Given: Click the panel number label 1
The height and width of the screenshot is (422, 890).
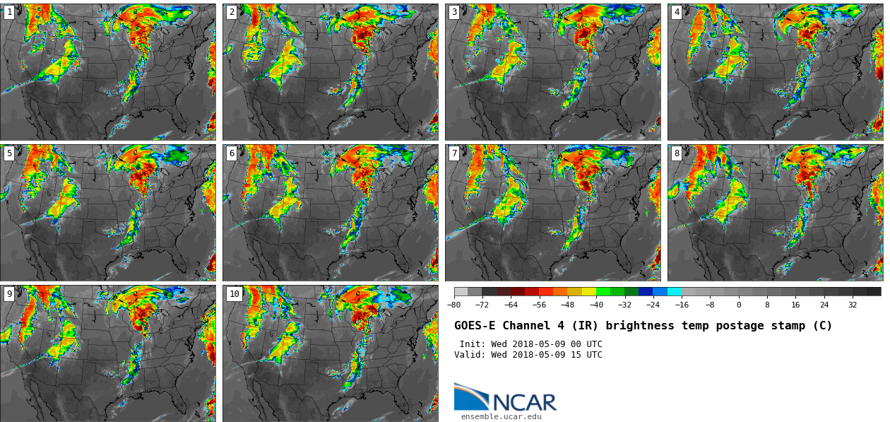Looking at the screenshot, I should (x=9, y=12).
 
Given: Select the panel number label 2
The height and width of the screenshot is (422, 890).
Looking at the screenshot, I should (x=232, y=12).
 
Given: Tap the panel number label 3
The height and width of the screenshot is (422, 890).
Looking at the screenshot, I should (x=454, y=12).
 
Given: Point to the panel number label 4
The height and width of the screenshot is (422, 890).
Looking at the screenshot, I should (x=677, y=12).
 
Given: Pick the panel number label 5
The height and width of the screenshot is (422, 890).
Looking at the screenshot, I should (x=9, y=153).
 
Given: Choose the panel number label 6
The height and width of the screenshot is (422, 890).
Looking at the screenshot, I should (x=232, y=153).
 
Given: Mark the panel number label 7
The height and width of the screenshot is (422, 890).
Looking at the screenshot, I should (x=454, y=153).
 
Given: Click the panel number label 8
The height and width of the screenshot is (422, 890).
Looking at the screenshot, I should (x=677, y=153).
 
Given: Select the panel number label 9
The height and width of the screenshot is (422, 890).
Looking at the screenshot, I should (x=9, y=294).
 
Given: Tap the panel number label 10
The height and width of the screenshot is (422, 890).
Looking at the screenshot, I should (x=234, y=294).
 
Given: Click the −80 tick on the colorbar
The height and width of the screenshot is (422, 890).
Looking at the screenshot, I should (x=454, y=305).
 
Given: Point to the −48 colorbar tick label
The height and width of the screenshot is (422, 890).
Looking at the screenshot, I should (x=567, y=305).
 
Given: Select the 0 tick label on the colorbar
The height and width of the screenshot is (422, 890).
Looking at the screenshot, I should (x=739, y=305).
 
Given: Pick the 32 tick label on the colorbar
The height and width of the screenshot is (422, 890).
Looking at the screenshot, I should (x=853, y=305).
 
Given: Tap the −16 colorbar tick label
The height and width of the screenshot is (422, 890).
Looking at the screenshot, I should (x=682, y=305).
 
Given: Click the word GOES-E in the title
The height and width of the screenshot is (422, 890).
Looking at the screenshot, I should (x=475, y=326).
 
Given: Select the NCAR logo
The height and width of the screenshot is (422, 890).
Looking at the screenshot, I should (x=505, y=399).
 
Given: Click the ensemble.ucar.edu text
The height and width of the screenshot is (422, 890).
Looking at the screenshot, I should (x=502, y=416).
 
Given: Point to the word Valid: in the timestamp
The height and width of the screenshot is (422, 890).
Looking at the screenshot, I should (x=470, y=355).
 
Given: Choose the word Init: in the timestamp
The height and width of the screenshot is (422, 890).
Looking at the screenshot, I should (x=473, y=344).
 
